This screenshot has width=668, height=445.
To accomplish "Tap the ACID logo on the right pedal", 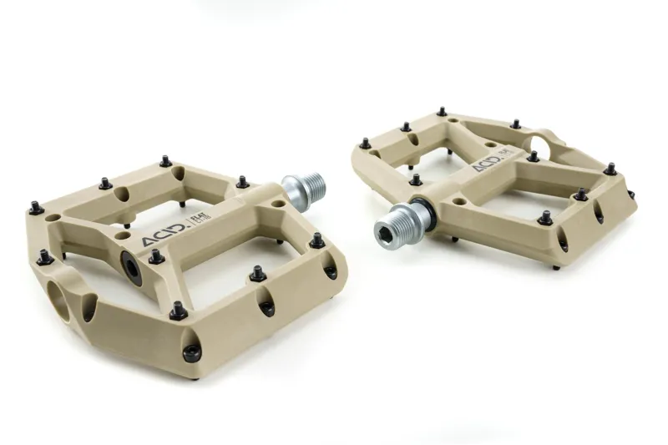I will [x=487, y=164].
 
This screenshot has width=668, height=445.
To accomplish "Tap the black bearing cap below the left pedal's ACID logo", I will [x=133, y=267].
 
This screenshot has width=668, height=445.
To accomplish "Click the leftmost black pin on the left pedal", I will [x=36, y=208].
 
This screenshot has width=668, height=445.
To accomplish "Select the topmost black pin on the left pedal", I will [x=165, y=160].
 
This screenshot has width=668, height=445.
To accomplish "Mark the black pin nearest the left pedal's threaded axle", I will [x=242, y=181].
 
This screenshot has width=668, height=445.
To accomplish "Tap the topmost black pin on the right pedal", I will [x=442, y=111].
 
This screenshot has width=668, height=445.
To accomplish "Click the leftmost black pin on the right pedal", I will [x=365, y=143].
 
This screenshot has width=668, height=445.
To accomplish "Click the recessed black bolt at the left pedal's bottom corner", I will [x=192, y=351].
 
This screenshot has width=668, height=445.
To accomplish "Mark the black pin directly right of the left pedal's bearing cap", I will [x=156, y=256].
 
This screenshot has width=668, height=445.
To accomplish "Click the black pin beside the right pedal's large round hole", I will [x=533, y=155].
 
